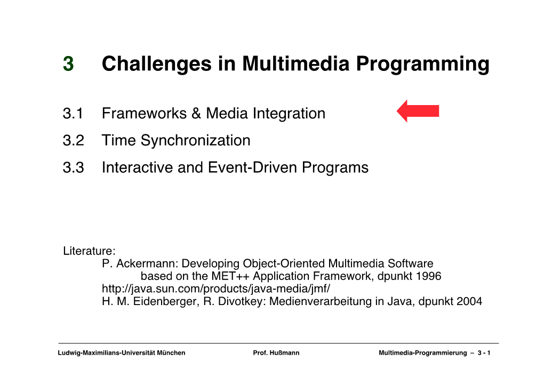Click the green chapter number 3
click(x=68, y=63)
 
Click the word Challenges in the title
click(x=156, y=64)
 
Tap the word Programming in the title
click(x=422, y=65)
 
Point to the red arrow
click(x=418, y=111)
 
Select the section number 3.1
click(x=73, y=114)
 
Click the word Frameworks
click(x=145, y=114)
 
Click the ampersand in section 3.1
click(x=196, y=114)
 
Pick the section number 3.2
click(x=74, y=140)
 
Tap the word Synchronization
click(x=195, y=141)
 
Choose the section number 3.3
click(x=74, y=167)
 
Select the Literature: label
click(x=89, y=251)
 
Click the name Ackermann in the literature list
click(x=147, y=263)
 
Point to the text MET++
click(x=231, y=276)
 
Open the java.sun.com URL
click(x=216, y=289)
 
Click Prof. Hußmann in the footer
click(x=276, y=353)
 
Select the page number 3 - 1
click(x=484, y=353)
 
